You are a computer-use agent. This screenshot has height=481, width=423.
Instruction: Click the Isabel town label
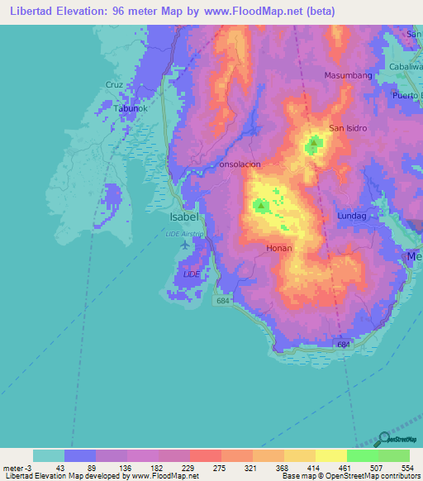point(183,217)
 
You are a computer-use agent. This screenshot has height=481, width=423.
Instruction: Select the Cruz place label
point(113,84)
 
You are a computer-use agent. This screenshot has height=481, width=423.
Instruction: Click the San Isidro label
point(348,128)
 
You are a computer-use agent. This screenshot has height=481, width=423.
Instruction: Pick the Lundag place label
point(351,216)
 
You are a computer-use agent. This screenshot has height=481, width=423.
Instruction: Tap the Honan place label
point(278,248)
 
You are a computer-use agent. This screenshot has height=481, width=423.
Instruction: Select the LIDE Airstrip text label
point(183,234)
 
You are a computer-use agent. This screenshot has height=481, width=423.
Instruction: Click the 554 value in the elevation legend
point(393,468)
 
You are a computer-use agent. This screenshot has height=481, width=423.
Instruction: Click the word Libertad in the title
point(31,12)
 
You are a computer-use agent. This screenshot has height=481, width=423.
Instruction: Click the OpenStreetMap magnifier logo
point(384,439)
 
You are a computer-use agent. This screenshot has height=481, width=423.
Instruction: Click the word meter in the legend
point(13,468)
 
